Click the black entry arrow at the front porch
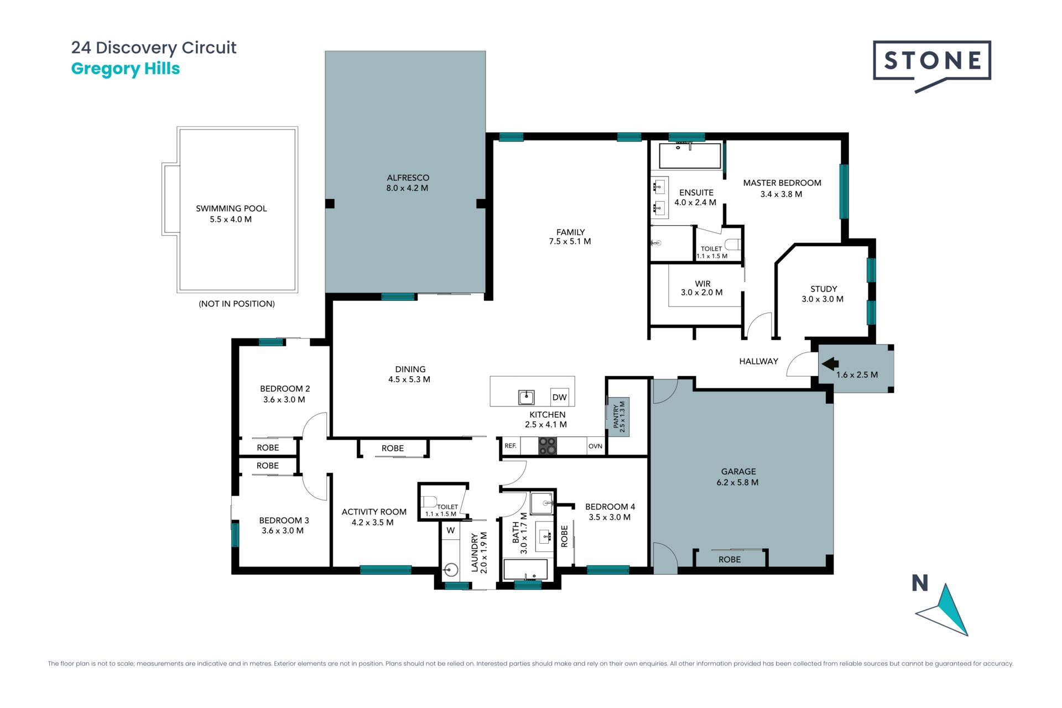pos(830,364)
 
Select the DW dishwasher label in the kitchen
pos(559,397)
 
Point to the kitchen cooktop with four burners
pos(547,446)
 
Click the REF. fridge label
pos(510,446)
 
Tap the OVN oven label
pos(595,446)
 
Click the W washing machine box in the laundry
pos(451,530)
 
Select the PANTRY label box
pos(618,417)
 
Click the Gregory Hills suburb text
pos(126,69)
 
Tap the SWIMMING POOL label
pos(231,209)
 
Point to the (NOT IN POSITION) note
pos(237,304)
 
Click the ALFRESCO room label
pos(408,178)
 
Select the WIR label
pos(702,284)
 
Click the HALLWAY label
pos(758,361)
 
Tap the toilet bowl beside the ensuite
pos(732,244)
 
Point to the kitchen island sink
pos(526,397)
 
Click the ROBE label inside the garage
pos(730,560)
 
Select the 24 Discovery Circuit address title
pos(154,48)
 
